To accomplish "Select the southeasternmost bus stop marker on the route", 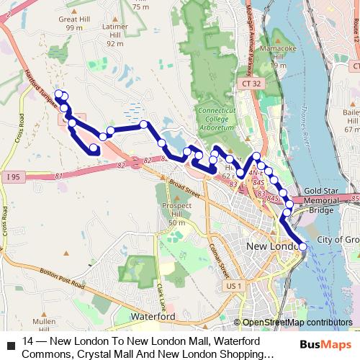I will click(x=302, y=247).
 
